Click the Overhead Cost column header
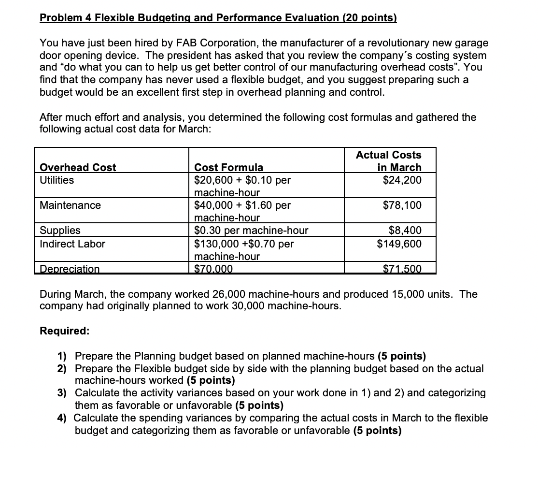pos(78,167)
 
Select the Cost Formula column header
pos(228,167)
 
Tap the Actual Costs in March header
pos(388,161)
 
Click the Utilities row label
pos(57,180)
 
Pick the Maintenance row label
pos(70,205)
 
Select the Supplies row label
pos(60,231)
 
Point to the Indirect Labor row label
pos(72,244)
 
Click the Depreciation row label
pos(70,269)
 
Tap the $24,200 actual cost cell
pos(402,180)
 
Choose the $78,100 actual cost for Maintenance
pos(402,205)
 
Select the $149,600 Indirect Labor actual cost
pos(399,244)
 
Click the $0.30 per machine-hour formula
pos(251,231)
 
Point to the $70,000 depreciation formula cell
pos(213,269)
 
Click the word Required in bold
pos(64,331)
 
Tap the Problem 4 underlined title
pos(218,18)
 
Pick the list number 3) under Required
pos(62,393)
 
